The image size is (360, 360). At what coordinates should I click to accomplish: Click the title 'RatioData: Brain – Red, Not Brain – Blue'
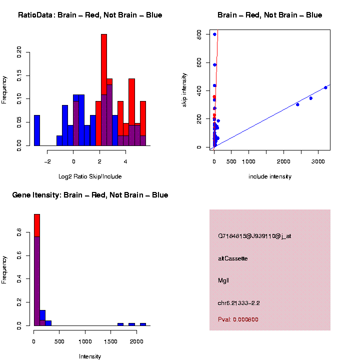coord(90,15)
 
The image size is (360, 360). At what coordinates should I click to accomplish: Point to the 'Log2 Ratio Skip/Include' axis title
coord(90,176)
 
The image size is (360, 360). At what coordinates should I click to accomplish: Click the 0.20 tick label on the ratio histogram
coord(19,52)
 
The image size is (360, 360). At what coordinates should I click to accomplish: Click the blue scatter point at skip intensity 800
coord(214,34)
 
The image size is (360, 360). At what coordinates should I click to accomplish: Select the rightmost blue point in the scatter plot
coord(325,87)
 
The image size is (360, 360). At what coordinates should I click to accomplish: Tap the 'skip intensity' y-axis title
coord(184,89)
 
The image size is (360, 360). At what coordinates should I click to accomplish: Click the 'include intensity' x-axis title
coord(270,176)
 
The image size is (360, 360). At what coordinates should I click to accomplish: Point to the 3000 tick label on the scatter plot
coord(318,161)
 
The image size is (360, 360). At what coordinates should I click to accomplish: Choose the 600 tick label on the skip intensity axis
coord(199,62)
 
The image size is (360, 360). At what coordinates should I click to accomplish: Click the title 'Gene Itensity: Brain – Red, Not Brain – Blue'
coord(90,195)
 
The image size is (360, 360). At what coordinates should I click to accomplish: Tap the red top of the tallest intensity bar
coord(37,225)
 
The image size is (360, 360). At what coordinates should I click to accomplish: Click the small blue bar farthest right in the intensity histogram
coord(142,324)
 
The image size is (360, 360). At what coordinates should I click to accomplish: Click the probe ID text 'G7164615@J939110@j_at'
coord(254,236)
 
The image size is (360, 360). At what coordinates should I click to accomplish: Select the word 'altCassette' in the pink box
coord(233,258)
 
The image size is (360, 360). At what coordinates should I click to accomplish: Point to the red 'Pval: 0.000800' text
coord(238,319)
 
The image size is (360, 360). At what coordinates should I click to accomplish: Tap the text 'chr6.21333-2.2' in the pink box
coord(239,303)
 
